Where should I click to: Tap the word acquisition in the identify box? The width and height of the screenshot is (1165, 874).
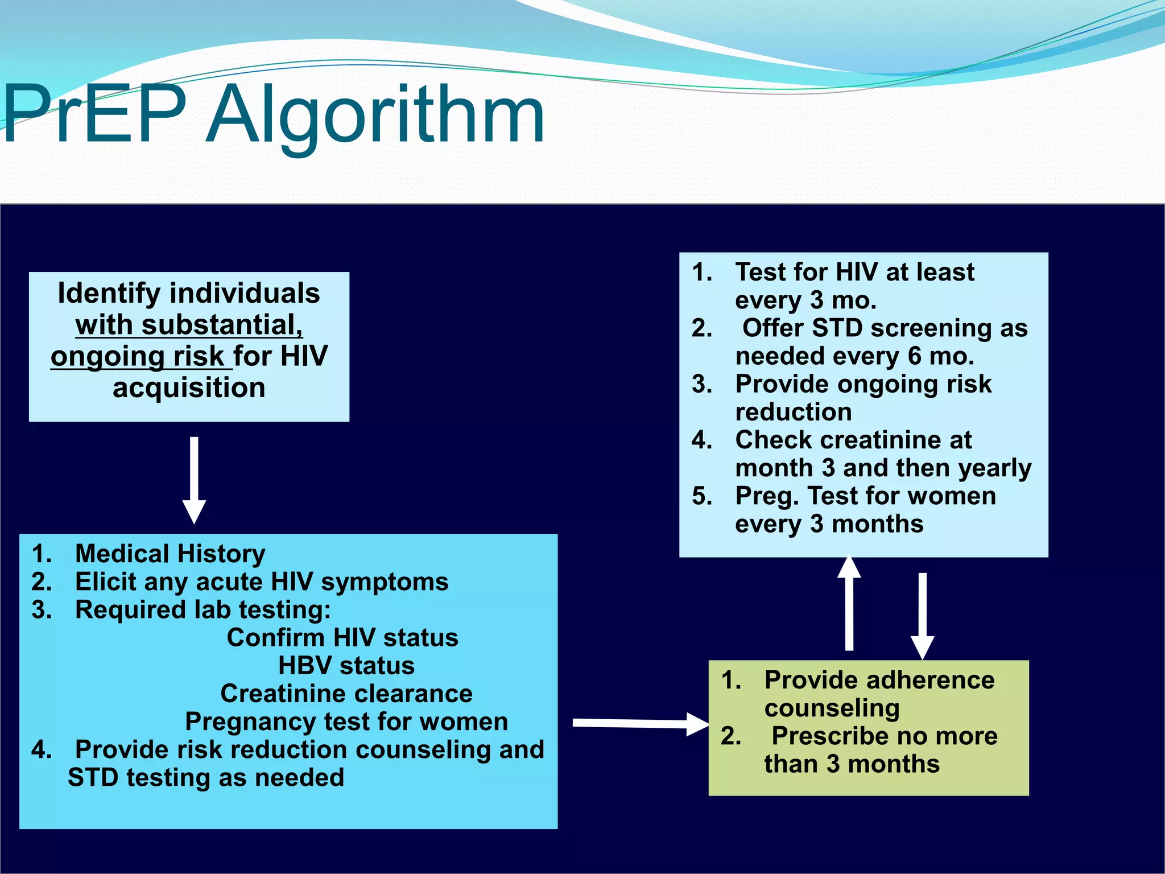click(189, 388)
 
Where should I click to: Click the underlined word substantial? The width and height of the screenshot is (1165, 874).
click(222, 325)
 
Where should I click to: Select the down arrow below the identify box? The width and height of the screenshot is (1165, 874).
click(194, 481)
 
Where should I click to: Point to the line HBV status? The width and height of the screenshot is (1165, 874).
click(346, 666)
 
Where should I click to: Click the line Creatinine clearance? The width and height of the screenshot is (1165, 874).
click(346, 694)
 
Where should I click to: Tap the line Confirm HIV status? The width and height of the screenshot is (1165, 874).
click(342, 638)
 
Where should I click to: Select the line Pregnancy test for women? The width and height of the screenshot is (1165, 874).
click(346, 722)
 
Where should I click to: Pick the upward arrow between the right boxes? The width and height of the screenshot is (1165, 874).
click(849, 603)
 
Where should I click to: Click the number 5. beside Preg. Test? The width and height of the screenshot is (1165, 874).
click(702, 496)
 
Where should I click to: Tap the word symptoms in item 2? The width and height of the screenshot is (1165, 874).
click(385, 582)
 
